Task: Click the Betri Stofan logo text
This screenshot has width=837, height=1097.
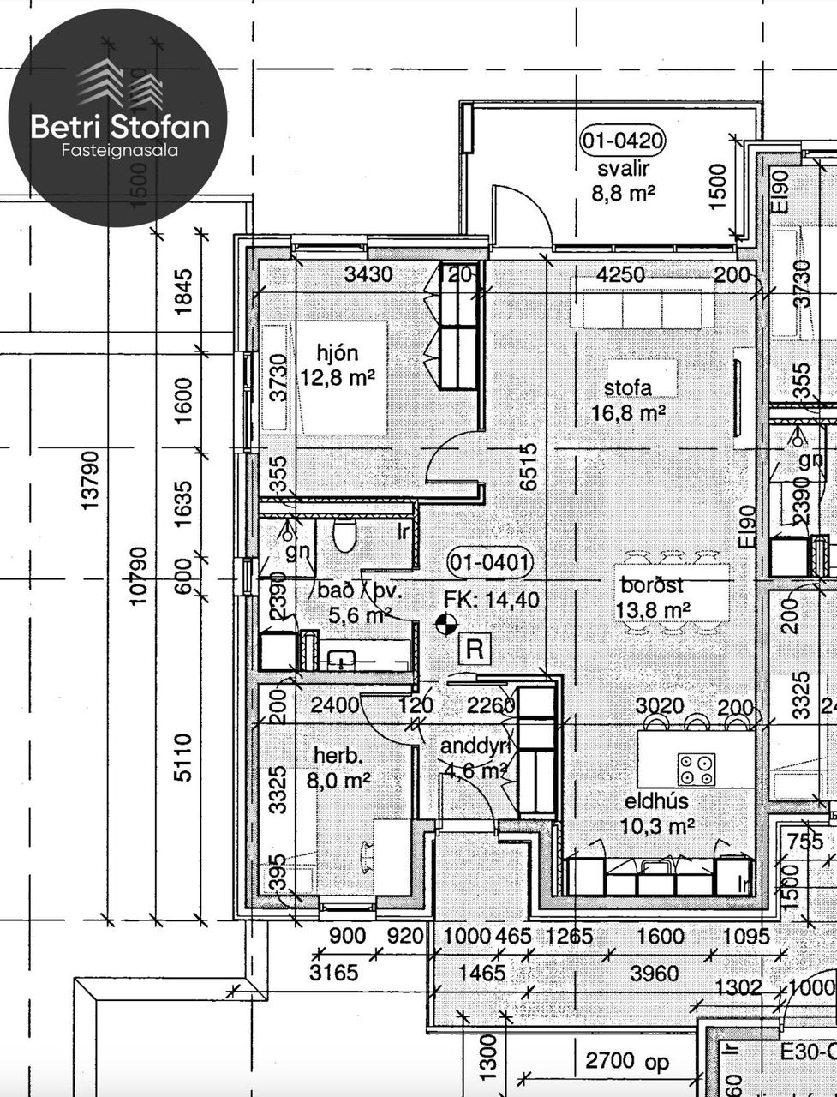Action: click(120, 127)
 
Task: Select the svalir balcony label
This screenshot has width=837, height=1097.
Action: click(623, 167)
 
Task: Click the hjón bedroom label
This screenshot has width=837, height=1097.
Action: click(337, 351)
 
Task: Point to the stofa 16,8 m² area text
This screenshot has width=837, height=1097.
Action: click(629, 414)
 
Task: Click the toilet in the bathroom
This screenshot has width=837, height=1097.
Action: click(344, 535)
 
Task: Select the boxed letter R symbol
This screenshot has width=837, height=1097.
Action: click(474, 649)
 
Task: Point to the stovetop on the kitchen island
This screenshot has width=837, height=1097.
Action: click(696, 769)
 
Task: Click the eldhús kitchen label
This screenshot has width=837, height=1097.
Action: click(656, 801)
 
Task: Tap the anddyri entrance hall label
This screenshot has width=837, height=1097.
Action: click(476, 746)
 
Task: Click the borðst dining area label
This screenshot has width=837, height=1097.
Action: click(653, 585)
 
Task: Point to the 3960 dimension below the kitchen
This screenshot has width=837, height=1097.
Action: click(654, 973)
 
